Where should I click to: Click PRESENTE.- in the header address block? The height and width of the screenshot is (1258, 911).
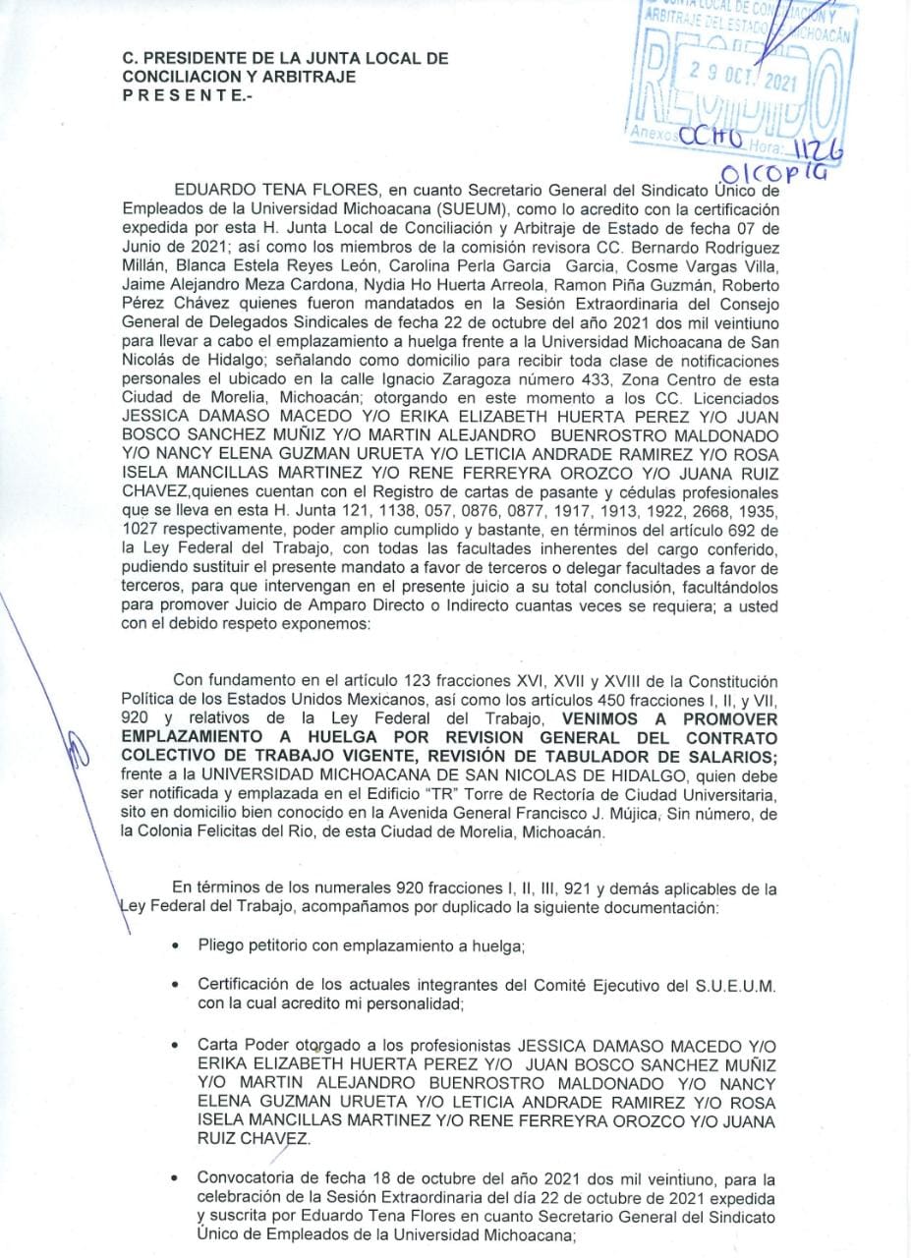(187, 94)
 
